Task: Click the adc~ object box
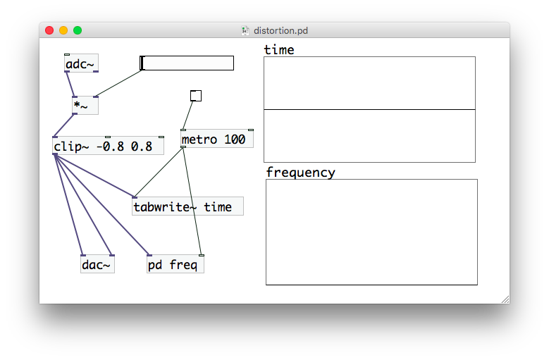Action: [x=81, y=63]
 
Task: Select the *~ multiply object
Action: [x=85, y=105]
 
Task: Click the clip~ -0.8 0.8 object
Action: [x=108, y=146]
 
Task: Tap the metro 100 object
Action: [x=217, y=139]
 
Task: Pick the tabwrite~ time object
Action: [x=187, y=206]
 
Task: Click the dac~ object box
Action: [x=97, y=263]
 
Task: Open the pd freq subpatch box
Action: [x=175, y=263]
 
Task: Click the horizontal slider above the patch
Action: [x=187, y=63]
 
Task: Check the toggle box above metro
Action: [x=196, y=96]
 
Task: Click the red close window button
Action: [x=49, y=30]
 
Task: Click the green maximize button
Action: [x=78, y=30]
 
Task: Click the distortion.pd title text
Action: [x=280, y=31]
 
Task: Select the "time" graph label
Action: [x=279, y=50]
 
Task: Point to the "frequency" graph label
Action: [x=300, y=173]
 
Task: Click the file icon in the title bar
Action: [x=245, y=31]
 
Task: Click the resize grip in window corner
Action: [x=505, y=299]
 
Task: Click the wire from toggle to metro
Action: [x=187, y=116]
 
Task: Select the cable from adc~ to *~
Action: [x=70, y=85]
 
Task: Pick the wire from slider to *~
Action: [x=118, y=83]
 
